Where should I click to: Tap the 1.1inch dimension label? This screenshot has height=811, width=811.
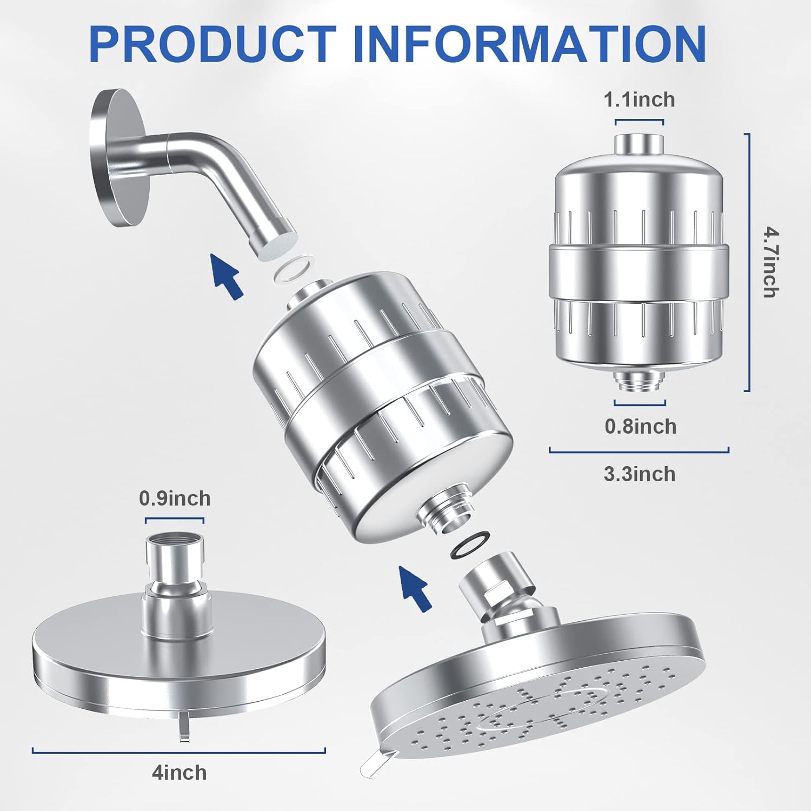click(x=639, y=99)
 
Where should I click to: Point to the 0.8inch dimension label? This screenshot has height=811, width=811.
click(x=640, y=427)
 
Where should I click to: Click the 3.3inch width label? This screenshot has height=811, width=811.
click(x=640, y=474)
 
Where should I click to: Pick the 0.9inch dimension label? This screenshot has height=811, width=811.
click(x=175, y=498)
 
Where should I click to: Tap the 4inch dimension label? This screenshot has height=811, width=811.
click(x=179, y=773)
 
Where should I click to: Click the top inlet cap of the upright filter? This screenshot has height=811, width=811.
click(x=639, y=143)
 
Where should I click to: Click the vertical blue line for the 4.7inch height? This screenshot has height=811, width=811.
click(x=749, y=262)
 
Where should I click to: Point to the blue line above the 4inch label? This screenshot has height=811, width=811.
click(x=179, y=750)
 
